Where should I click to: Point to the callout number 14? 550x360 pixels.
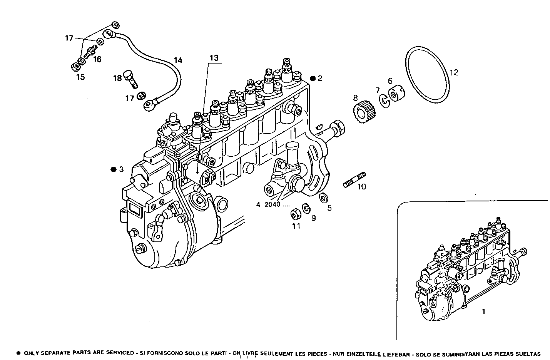(x=177, y=60)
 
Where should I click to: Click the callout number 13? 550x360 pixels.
(x=214, y=58)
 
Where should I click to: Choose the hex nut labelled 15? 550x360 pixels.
(x=75, y=67)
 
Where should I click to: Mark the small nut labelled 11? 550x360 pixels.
(x=295, y=213)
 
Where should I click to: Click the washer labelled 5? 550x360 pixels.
(x=323, y=198)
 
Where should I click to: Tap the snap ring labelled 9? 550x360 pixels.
(x=307, y=208)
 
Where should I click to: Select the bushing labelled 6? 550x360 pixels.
(x=394, y=95)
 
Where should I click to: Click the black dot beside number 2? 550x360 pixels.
(x=313, y=78)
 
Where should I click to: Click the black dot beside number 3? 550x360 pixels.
(x=113, y=169)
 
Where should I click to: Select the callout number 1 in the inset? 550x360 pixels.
(x=484, y=312)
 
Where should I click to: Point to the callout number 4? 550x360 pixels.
(x=258, y=205)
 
